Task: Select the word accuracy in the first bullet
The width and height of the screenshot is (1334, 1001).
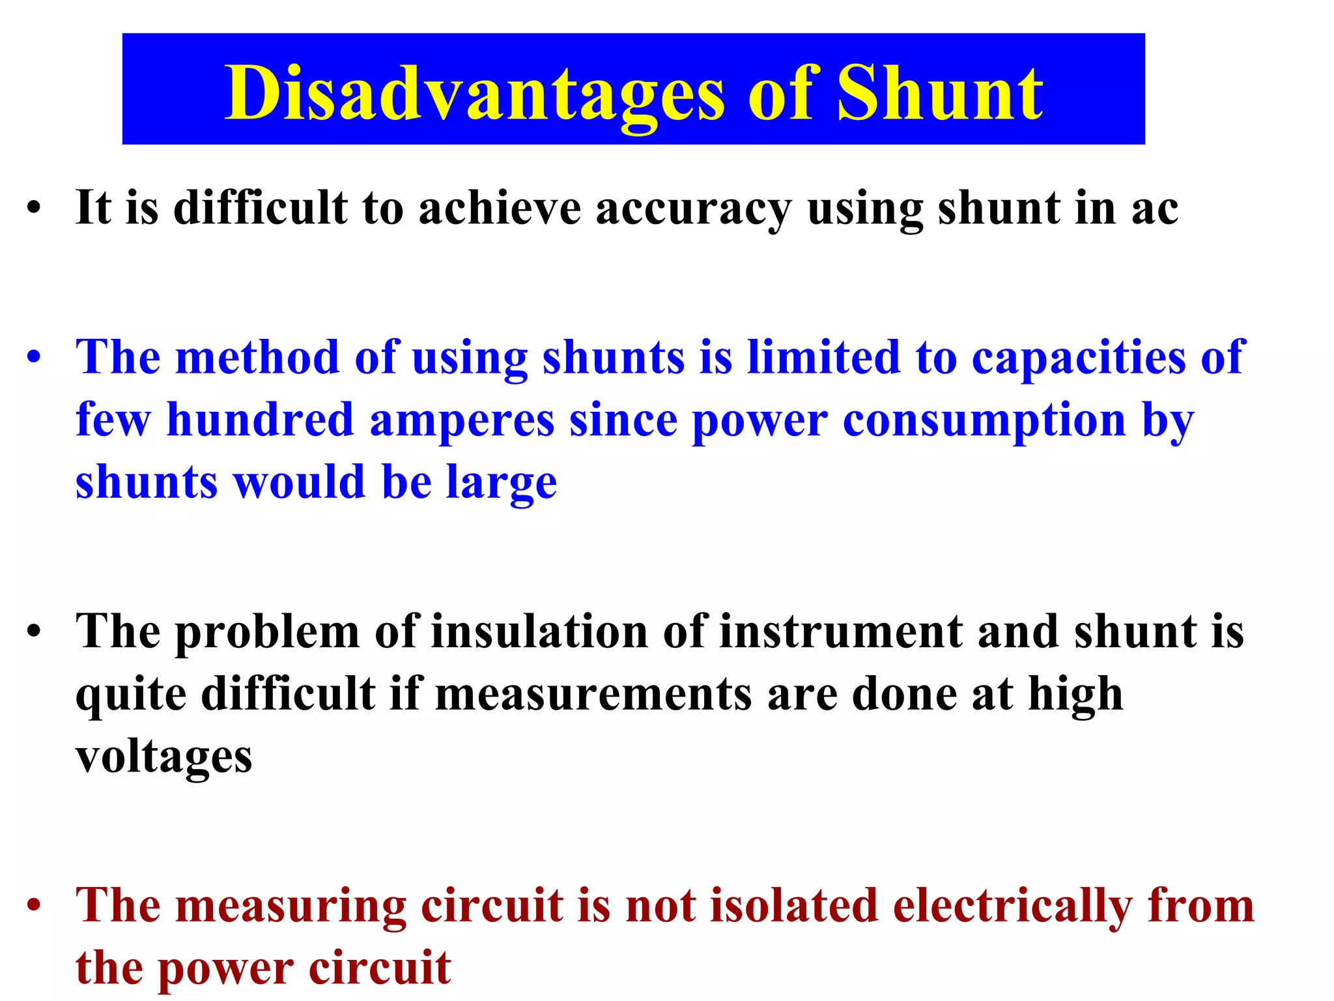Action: click(693, 209)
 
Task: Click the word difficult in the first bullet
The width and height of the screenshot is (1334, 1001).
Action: click(260, 209)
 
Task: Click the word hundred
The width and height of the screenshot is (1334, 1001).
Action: click(260, 420)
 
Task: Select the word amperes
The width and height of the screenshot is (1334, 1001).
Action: click(462, 421)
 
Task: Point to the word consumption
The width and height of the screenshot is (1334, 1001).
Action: click(984, 421)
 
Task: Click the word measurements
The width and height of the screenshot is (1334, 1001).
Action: click(593, 693)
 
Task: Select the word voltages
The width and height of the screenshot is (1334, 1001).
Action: click(163, 756)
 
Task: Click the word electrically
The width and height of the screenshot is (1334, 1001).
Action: click(1012, 906)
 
